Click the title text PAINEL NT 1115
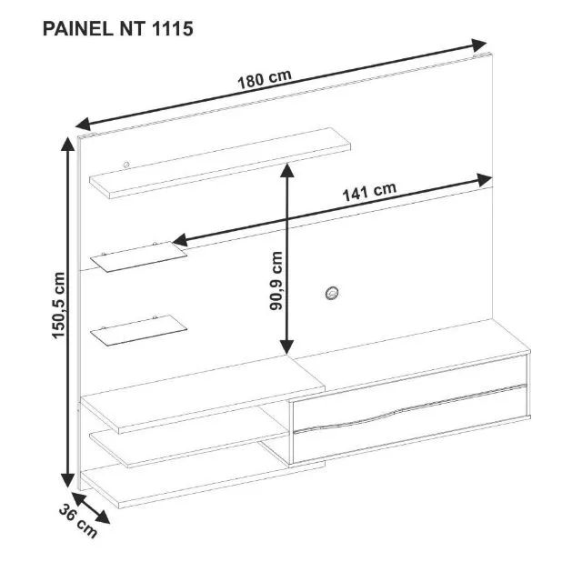pyautogui.click(x=117, y=28)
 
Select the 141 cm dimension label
pyautogui.click(x=369, y=193)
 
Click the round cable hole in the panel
pyautogui.click(x=331, y=292)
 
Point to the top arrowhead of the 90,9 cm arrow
pyautogui.click(x=287, y=169)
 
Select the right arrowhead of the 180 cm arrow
pyautogui.click(x=481, y=45)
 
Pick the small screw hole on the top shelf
pyautogui.click(x=125, y=165)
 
